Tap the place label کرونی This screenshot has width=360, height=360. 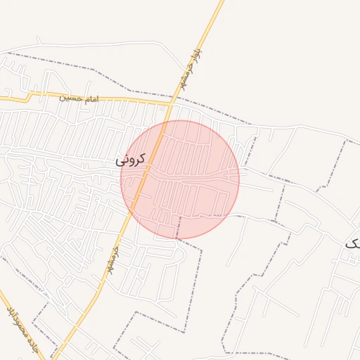pyautogui.click(x=131, y=160)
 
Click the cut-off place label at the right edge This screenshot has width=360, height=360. pyautogui.click(x=352, y=243)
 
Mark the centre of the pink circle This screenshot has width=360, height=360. pyautogui.click(x=180, y=179)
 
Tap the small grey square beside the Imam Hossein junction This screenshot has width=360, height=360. pyautogui.click(x=162, y=109)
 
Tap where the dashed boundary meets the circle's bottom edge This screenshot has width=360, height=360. pyautogui.click(x=177, y=238)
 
